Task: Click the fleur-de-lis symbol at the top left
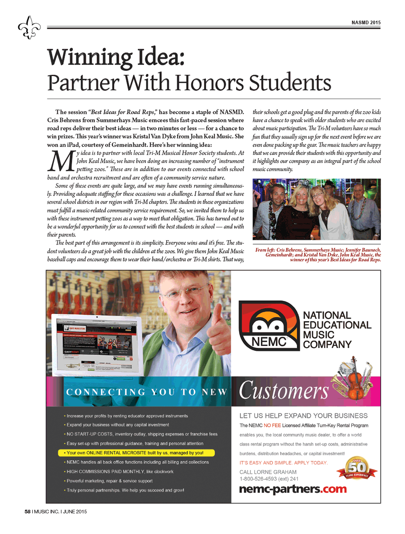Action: (x=29, y=28)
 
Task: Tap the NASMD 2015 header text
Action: (x=366, y=23)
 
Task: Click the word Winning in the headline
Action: (x=90, y=57)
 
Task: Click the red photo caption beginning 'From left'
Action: (x=318, y=255)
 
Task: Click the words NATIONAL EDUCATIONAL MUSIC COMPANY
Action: (x=337, y=330)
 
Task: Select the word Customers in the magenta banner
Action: (x=284, y=391)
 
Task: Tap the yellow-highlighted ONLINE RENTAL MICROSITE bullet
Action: (x=136, y=453)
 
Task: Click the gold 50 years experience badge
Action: (x=356, y=469)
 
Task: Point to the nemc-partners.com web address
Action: (x=293, y=489)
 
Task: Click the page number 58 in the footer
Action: (x=28, y=511)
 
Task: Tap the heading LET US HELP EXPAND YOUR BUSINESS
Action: (x=303, y=416)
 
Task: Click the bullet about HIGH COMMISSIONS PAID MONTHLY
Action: (x=120, y=472)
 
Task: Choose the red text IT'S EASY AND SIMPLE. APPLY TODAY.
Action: (x=283, y=463)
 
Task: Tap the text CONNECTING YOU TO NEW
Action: (x=146, y=392)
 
